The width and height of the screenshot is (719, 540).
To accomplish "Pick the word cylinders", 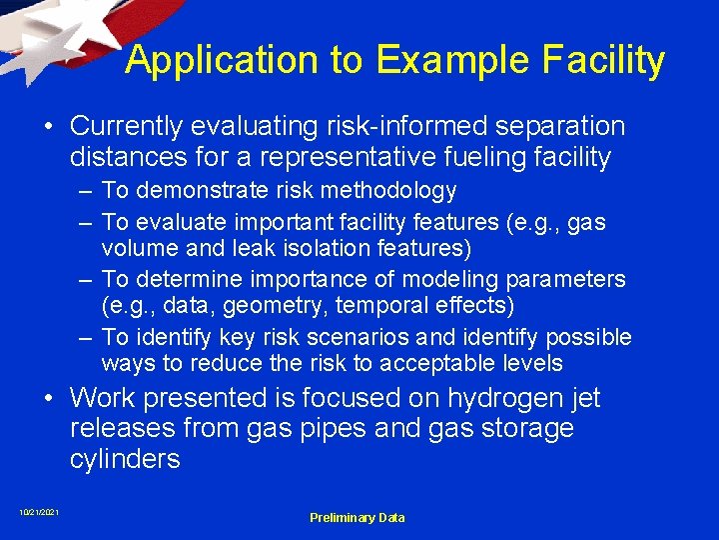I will tap(125, 459).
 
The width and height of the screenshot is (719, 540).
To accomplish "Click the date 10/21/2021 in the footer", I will tap(39, 513).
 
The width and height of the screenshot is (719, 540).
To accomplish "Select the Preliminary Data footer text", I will tap(357, 517).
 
